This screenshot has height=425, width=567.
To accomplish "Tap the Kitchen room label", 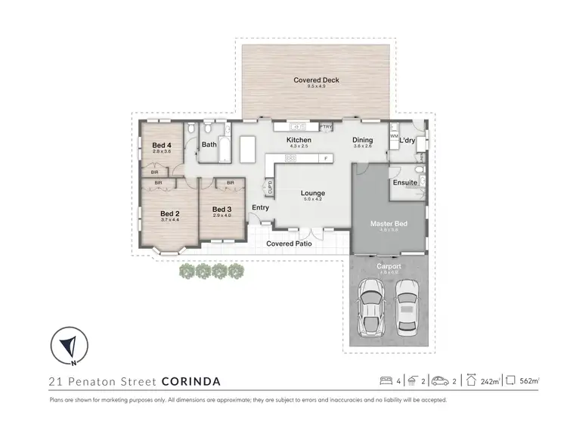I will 299,141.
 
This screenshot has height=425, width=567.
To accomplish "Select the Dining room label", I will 363,140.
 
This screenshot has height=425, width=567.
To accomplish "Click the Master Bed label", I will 389,224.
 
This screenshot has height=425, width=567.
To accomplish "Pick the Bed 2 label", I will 169,214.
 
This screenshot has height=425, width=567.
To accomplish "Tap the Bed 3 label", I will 221,209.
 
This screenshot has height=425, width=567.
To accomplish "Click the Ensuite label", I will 406,182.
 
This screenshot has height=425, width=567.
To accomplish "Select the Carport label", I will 389,267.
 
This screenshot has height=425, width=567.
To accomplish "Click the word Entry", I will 261,208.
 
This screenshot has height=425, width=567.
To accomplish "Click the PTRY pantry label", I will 327,126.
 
